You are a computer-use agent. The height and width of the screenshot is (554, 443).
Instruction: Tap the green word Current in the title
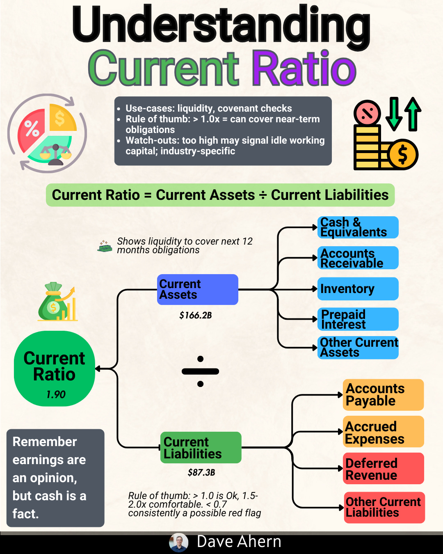(164, 68)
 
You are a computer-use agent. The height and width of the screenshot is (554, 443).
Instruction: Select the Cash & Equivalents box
(358, 227)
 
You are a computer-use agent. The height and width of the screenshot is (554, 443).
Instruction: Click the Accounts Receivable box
(358, 258)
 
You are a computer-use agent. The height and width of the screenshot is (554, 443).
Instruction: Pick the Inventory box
(358, 288)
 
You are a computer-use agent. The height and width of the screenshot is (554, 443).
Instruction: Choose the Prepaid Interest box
(358, 319)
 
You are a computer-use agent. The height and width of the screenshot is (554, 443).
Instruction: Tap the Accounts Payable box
(383, 395)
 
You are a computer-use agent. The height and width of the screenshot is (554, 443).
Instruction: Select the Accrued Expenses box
(383, 431)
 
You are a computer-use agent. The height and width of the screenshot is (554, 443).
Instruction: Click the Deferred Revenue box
(383, 469)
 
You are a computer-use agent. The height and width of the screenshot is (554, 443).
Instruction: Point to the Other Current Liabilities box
(384, 508)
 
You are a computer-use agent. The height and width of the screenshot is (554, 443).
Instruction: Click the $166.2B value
(196, 315)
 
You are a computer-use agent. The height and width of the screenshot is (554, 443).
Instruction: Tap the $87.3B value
(201, 472)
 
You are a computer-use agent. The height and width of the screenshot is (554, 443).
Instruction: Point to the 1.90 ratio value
(56, 394)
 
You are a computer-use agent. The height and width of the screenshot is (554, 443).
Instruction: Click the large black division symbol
(200, 371)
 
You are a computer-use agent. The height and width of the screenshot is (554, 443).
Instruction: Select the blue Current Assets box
(198, 289)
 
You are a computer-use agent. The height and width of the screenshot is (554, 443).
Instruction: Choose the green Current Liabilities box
(201, 447)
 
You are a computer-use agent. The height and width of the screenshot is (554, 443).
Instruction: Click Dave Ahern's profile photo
(179, 543)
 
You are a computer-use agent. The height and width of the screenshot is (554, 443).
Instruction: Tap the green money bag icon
(53, 302)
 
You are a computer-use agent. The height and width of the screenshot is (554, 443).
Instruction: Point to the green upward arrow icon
(413, 114)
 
